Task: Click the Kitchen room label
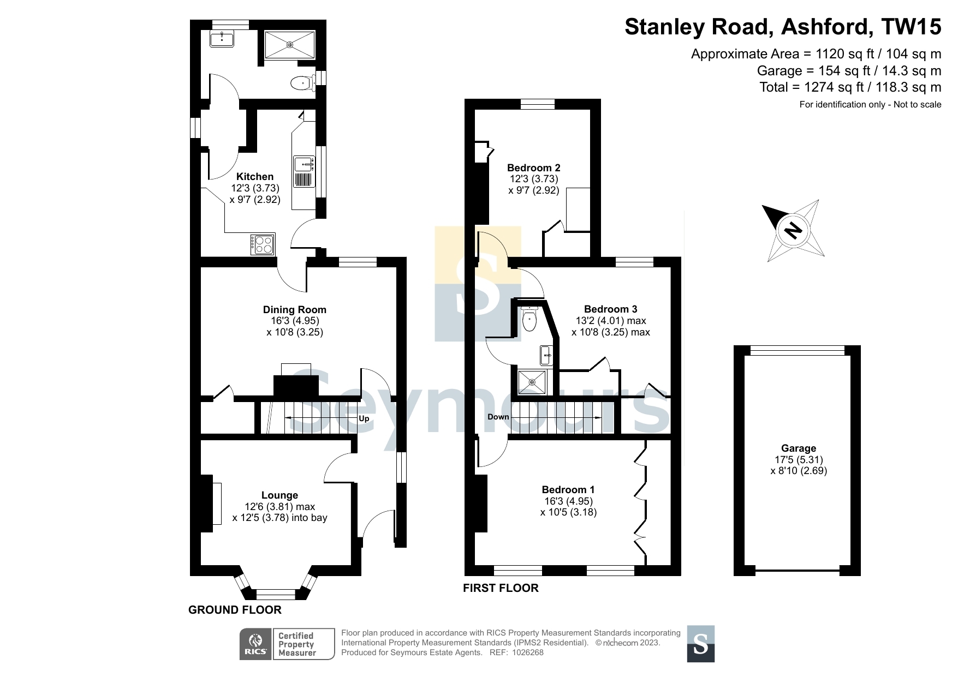[255, 176]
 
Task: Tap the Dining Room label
[295, 309]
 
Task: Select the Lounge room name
[279, 495]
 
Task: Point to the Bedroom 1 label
[568, 489]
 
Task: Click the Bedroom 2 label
[534, 167]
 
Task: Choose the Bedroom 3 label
[611, 309]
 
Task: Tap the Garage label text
[799, 448]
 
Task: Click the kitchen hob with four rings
[263, 244]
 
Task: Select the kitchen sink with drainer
[305, 171]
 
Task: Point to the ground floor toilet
[301, 83]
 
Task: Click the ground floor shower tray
[290, 44]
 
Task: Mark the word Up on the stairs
[364, 418]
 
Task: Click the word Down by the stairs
[498, 417]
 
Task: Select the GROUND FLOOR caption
[235, 610]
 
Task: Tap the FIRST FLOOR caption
[501, 588]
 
